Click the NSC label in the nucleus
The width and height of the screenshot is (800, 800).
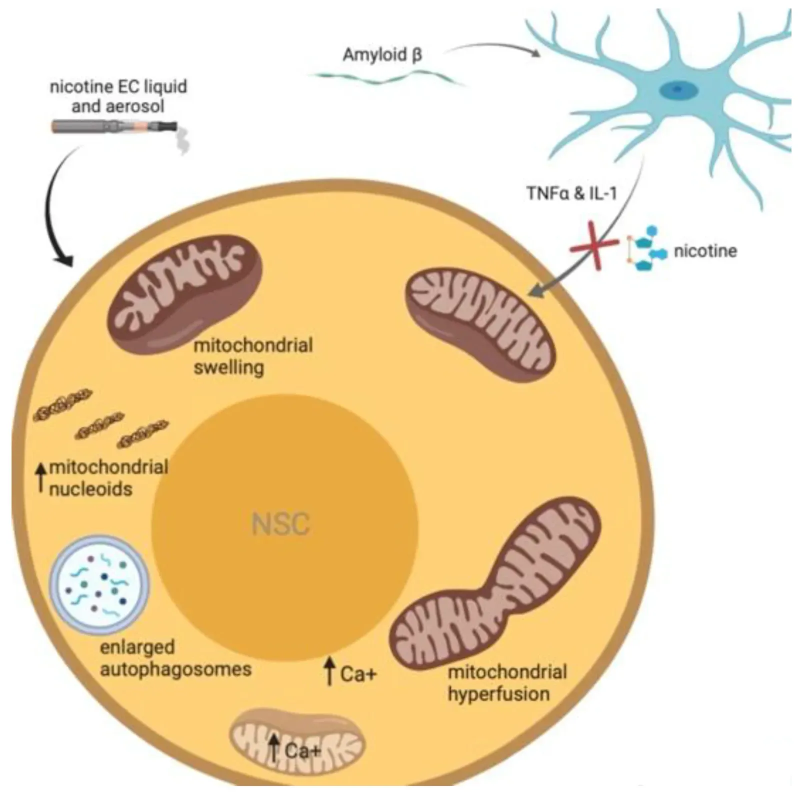click(281, 524)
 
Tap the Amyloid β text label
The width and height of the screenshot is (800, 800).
click(382, 54)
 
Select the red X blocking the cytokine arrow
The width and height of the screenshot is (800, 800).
click(594, 245)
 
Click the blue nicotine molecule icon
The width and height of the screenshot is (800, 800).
click(646, 248)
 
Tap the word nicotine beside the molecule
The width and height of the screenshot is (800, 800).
click(705, 250)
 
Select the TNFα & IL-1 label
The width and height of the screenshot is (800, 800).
click(571, 193)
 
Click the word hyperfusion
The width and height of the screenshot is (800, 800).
click(498, 693)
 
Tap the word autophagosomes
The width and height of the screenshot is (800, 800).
click(175, 668)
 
